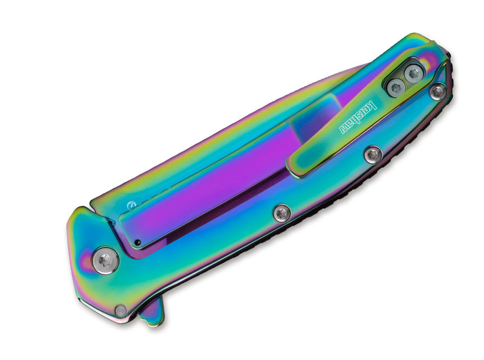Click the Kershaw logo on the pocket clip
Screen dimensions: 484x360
coord(358,117)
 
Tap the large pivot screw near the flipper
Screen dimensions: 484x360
coord(105,260)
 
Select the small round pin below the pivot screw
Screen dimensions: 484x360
coord(120,310)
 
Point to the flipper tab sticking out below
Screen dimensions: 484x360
coord(152,311)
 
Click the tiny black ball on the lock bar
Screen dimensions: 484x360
coord(138,242)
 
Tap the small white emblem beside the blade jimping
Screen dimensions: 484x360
coord(131,205)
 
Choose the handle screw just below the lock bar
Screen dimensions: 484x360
coord(282,213)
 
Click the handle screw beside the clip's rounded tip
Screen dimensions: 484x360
coord(373,155)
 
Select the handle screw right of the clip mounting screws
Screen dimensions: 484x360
coord(438,91)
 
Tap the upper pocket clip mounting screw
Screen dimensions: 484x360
coord(413,74)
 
